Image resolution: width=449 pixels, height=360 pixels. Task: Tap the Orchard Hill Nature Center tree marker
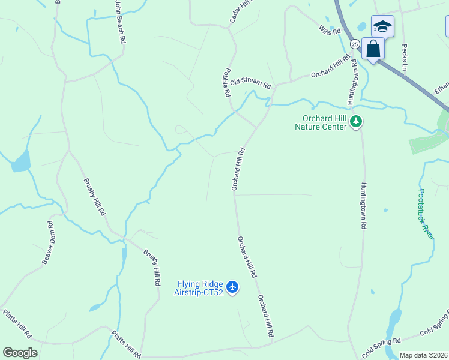coord(357,122)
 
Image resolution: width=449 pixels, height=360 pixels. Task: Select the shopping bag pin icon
coord(373,49)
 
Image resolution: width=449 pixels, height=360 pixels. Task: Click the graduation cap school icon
coord(382,26)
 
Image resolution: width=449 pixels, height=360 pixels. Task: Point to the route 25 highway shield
coord(355,44)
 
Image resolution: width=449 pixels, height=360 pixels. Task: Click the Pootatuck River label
coord(426,213)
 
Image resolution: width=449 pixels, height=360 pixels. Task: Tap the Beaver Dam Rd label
coord(47,242)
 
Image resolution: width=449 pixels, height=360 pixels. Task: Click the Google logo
coord(20,353)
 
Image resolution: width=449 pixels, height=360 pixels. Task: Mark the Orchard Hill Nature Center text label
coord(321,122)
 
